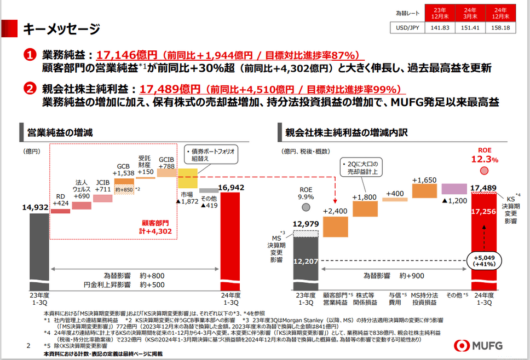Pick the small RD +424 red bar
click(x=60, y=210)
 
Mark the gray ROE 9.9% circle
click(x=306, y=207)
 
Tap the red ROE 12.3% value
click(x=485, y=160)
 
